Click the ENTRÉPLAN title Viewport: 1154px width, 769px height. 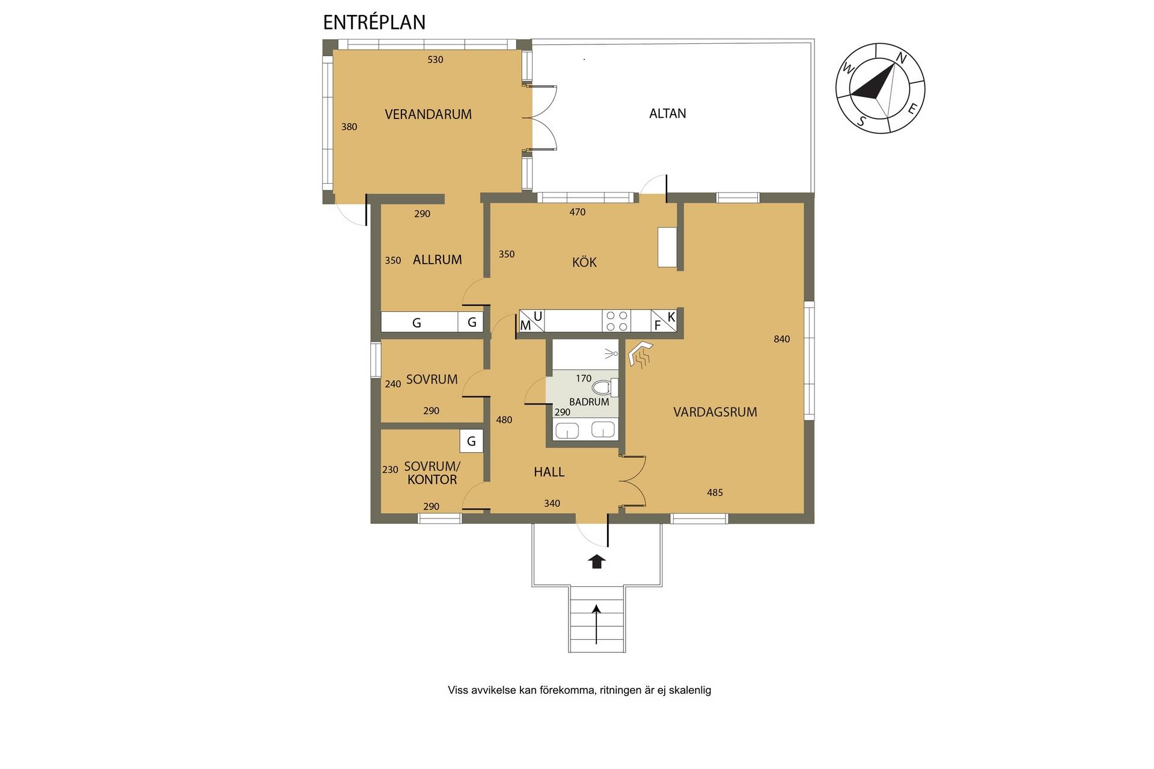tap(374, 22)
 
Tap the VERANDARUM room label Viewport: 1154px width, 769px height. tap(428, 114)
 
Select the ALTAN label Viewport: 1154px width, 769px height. tap(667, 114)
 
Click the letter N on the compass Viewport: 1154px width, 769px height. tap(901, 58)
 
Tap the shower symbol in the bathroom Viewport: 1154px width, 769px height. tap(611, 353)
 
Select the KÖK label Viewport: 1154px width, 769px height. tap(584, 263)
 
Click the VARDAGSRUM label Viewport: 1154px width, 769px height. tap(715, 412)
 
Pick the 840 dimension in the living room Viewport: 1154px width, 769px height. tap(781, 339)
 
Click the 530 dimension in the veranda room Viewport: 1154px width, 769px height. tap(435, 59)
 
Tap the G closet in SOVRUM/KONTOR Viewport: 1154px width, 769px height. tap(471, 442)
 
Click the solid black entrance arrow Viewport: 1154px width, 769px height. tap(596, 561)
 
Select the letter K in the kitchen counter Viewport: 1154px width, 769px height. tap(671, 316)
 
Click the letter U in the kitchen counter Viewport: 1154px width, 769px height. tap(538, 316)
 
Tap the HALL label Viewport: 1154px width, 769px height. tap(549, 472)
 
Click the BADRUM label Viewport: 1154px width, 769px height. tap(589, 402)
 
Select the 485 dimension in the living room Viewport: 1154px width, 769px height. tap(715, 493)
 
